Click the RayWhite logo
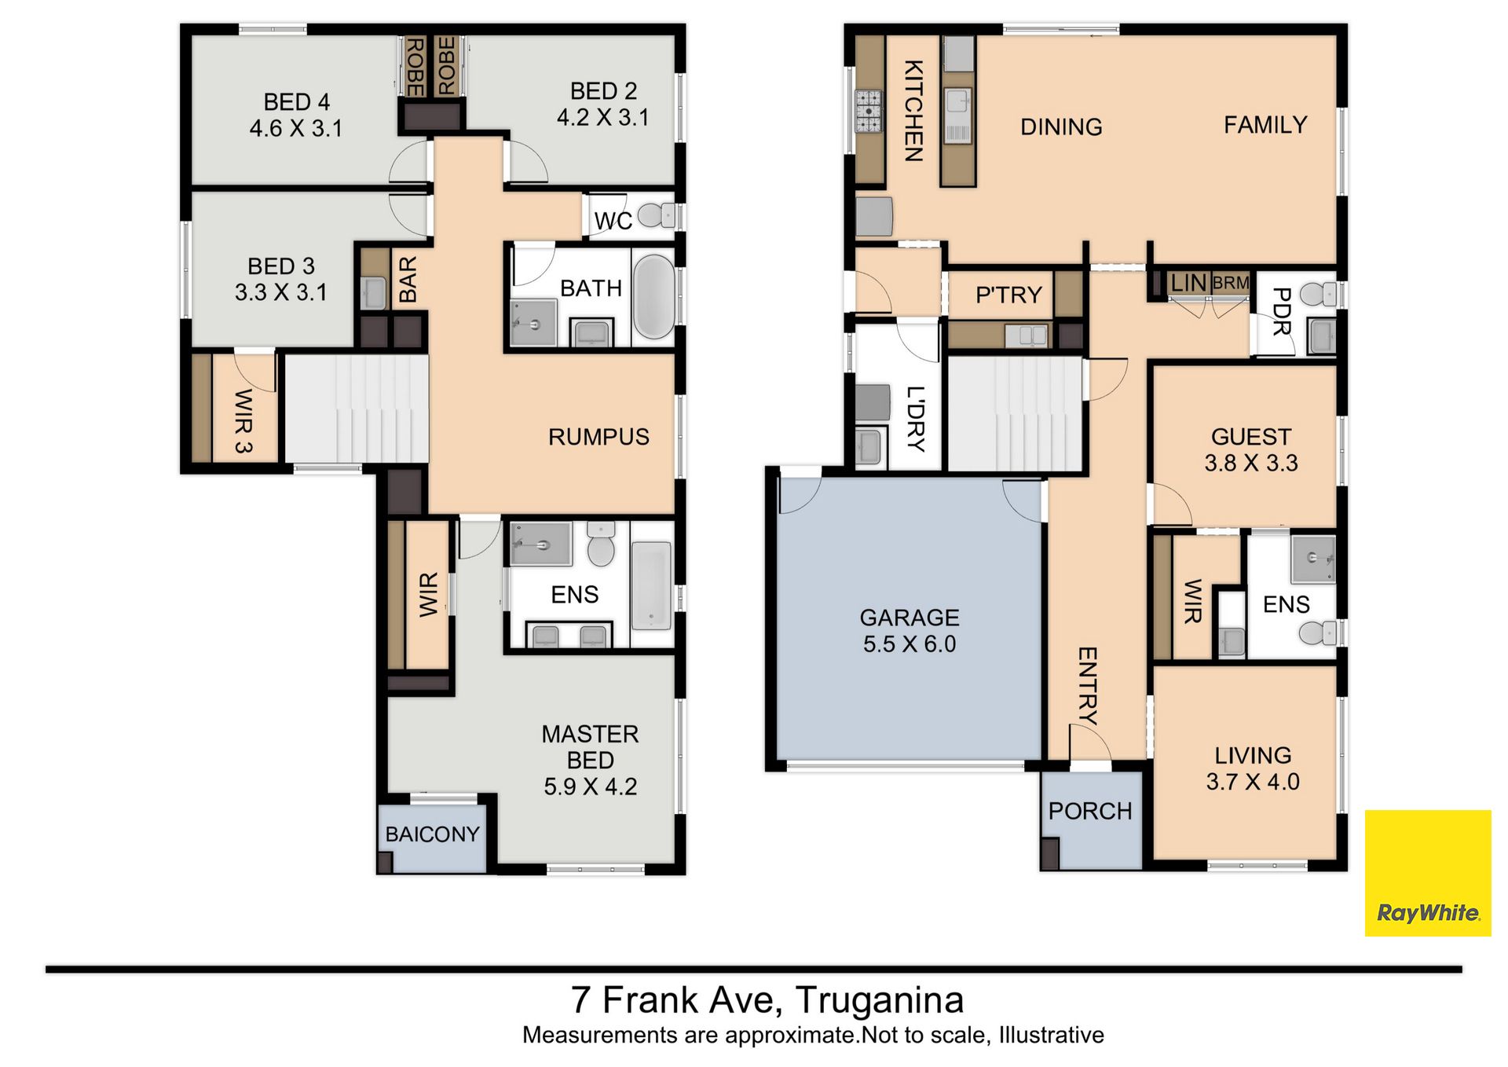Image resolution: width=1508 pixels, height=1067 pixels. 1428,873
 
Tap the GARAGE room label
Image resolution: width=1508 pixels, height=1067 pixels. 910,618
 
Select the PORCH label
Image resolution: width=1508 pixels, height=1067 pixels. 1090,811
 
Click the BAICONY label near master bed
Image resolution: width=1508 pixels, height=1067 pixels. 432,834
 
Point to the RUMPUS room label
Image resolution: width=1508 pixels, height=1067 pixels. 598,437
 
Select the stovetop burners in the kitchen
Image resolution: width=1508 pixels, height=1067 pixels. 869,111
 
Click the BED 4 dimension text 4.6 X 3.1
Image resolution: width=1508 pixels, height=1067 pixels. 296,128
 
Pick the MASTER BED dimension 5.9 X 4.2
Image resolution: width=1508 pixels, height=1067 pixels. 591,786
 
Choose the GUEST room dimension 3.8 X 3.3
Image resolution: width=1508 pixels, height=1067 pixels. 1251,463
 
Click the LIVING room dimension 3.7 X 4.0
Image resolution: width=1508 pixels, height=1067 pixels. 1253,782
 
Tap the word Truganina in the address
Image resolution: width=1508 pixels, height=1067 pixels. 880,1000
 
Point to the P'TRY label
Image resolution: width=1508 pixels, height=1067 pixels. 1008,295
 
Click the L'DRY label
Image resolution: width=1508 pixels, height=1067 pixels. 916,419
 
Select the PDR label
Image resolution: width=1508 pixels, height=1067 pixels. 1281,311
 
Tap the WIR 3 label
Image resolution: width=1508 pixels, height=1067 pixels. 243,421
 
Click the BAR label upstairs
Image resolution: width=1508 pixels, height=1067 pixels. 408,280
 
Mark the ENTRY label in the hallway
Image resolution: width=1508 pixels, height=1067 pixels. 1087,685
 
